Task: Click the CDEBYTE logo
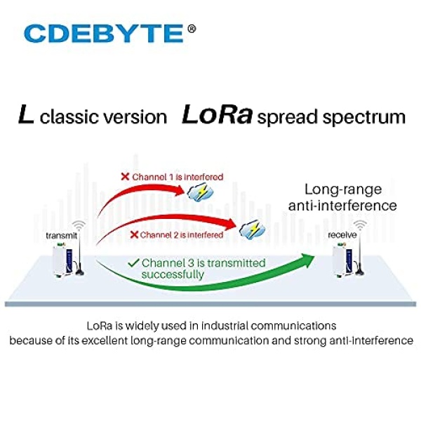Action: [x=104, y=33]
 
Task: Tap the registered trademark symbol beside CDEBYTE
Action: [x=192, y=29]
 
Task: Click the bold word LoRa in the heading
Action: [x=217, y=114]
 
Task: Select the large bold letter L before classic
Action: [x=26, y=114]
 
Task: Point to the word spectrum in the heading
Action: [x=363, y=118]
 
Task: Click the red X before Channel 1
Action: [x=125, y=177]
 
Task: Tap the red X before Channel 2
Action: [x=134, y=234]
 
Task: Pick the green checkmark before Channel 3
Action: [x=133, y=263]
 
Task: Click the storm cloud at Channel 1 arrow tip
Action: [x=200, y=192]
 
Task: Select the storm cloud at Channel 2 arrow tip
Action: [x=252, y=229]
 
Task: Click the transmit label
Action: [x=62, y=236]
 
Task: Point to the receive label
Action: [x=342, y=235]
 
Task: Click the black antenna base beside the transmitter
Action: [x=79, y=272]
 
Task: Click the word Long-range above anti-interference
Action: [x=343, y=189]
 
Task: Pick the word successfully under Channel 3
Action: [x=173, y=274]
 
